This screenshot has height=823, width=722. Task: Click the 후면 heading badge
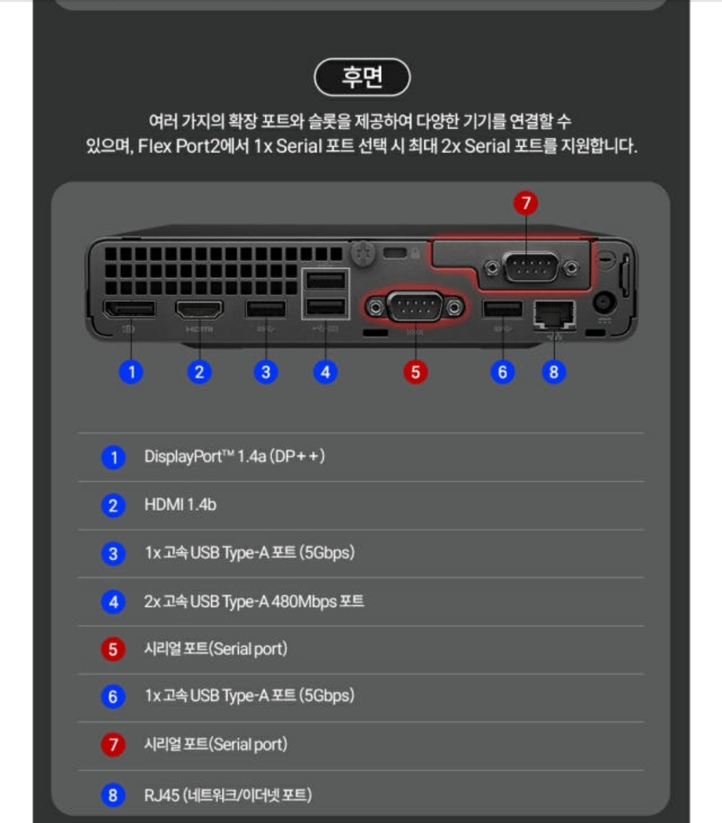[x=362, y=77]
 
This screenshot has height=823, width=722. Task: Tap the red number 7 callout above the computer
[x=525, y=203]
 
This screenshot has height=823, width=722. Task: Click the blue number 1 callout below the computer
[x=131, y=372]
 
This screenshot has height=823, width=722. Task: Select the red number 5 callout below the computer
[x=415, y=372]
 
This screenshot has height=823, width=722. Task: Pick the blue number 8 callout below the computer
[x=554, y=372]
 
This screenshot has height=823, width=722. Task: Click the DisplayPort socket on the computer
[x=130, y=309]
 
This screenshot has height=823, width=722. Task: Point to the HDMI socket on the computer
[x=199, y=310]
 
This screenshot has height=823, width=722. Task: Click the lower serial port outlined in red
[x=415, y=307]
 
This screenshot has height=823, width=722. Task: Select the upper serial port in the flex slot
[x=531, y=267]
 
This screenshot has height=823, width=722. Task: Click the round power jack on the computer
[x=604, y=303]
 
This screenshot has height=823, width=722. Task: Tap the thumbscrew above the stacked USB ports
[x=363, y=254]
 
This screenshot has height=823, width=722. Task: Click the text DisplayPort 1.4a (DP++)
[x=235, y=457]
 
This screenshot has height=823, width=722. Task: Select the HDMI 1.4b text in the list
[x=180, y=505]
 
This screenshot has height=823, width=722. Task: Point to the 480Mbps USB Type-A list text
[x=254, y=602]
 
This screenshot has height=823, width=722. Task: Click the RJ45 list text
[x=228, y=795]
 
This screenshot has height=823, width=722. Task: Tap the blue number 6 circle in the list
[x=113, y=697]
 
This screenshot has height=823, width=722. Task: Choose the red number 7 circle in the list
[x=113, y=745]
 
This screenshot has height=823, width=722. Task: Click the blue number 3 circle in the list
[x=113, y=554]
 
